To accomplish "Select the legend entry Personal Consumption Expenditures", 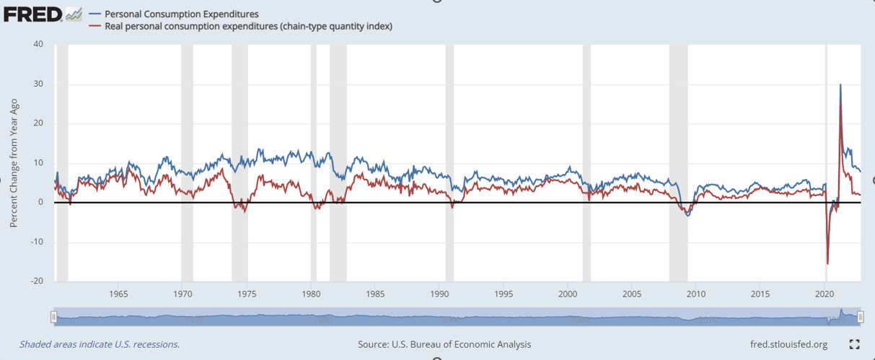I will click(181, 14).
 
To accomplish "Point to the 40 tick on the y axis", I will click(38, 44).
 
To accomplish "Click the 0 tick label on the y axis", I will click(40, 202).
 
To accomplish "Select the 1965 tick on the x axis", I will click(119, 294).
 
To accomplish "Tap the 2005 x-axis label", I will click(632, 294).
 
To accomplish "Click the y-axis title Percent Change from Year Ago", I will click(14, 162).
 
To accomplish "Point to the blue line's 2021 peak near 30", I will click(840, 84).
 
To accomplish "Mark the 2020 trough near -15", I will click(827, 263).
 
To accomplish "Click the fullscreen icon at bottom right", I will click(855, 344).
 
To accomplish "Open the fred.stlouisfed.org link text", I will click(788, 344).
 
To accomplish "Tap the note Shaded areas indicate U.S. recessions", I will click(100, 344).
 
